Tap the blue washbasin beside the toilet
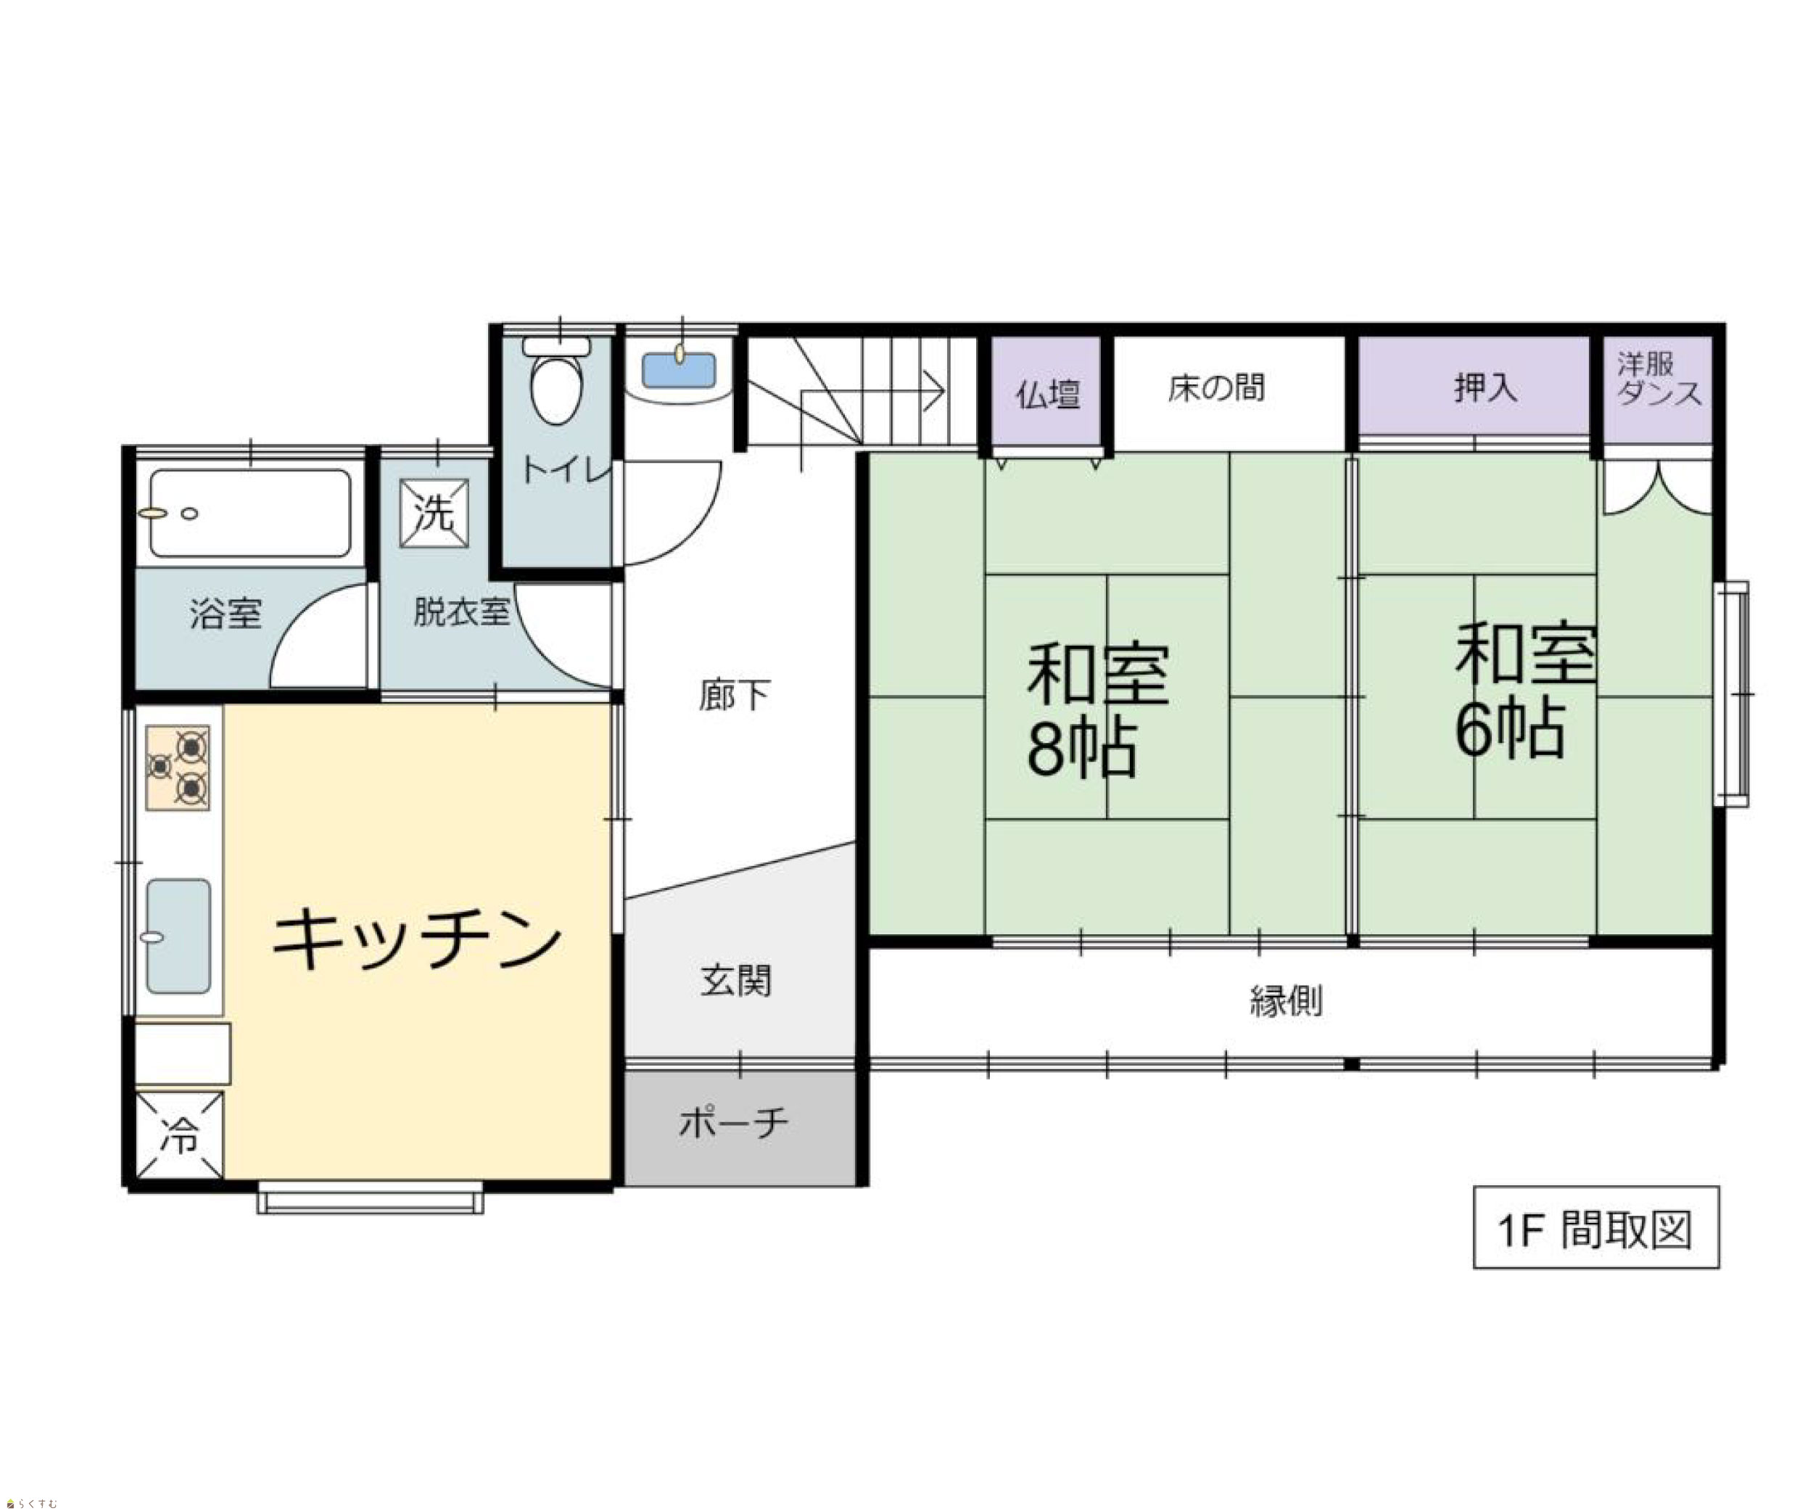tap(679, 369)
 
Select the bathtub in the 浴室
tap(250, 513)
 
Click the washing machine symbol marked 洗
tap(434, 513)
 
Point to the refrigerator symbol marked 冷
tap(180, 1135)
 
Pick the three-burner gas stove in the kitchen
tap(178, 767)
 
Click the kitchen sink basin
tap(178, 936)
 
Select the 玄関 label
tap(735, 981)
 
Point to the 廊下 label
tap(735, 695)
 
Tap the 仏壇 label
tap(1047, 395)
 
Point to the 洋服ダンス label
tap(1659, 379)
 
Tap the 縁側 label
tap(1287, 1001)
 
